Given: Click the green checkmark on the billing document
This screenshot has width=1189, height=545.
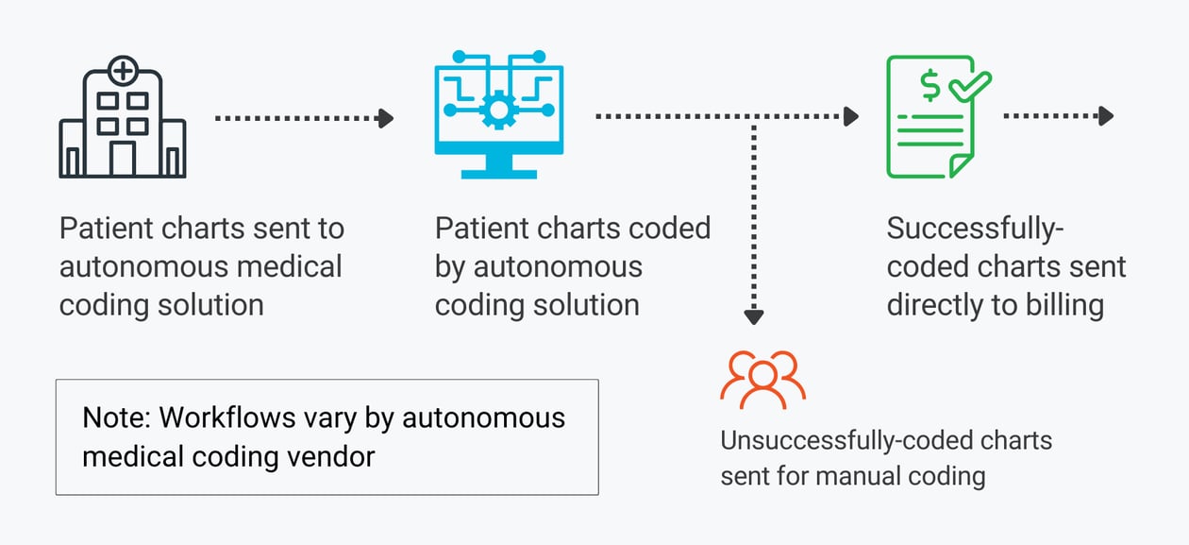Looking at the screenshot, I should [x=969, y=87].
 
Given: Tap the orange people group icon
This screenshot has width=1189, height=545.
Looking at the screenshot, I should [x=762, y=380].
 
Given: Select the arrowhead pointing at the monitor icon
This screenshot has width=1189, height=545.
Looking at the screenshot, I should [x=385, y=118].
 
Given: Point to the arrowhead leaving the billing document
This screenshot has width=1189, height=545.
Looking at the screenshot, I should [x=1106, y=116].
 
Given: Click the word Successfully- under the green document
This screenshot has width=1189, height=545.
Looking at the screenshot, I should [x=969, y=230].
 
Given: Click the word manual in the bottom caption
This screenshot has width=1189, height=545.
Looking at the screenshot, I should [x=852, y=474].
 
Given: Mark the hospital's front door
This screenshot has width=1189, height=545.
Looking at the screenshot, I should [x=123, y=158].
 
